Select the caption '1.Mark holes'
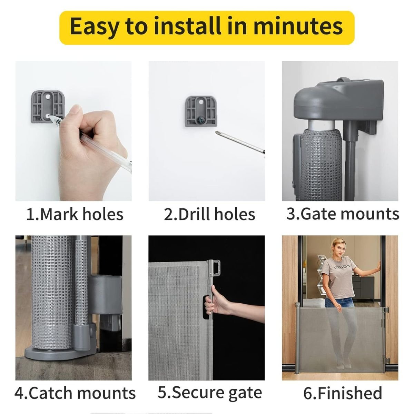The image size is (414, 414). [75, 214]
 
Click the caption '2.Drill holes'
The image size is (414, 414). [209, 214]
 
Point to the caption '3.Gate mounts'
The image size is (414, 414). [343, 214]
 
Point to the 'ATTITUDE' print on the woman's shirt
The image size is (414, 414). [342, 267]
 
